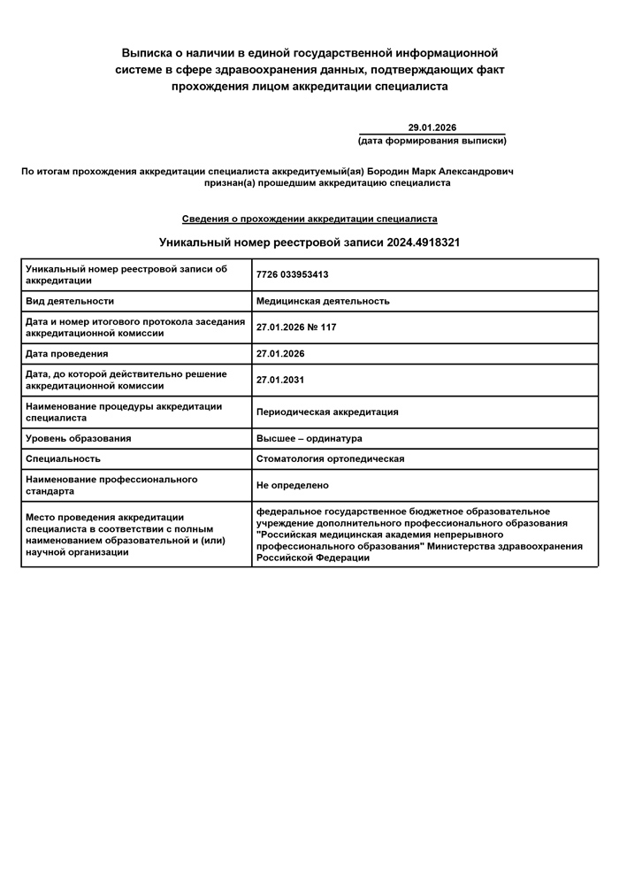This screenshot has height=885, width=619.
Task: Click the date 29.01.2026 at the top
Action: point(432,127)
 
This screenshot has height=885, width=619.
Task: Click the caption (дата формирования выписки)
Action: point(432,141)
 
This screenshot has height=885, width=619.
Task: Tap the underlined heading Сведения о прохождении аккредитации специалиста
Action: point(309,219)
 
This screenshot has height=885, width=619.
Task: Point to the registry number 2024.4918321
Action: point(423,242)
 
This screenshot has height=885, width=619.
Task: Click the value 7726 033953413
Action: point(292,274)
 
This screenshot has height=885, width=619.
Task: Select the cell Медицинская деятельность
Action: point(323,301)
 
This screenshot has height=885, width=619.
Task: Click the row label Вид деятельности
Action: point(70,301)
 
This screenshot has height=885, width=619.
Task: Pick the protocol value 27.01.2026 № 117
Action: point(295,327)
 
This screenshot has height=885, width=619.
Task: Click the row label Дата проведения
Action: point(67,354)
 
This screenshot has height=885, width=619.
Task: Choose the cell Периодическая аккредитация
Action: point(327,412)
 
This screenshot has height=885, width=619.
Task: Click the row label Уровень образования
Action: point(79,438)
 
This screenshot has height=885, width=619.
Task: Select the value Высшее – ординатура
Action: point(309,438)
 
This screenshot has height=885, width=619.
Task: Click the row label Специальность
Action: point(63,458)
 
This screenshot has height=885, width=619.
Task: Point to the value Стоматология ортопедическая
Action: point(330,458)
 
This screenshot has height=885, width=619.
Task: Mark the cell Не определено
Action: point(292,485)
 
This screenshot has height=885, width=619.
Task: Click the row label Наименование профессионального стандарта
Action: point(111,485)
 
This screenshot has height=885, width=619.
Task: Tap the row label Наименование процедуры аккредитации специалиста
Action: point(124,412)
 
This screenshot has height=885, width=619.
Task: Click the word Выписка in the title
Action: point(150,53)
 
